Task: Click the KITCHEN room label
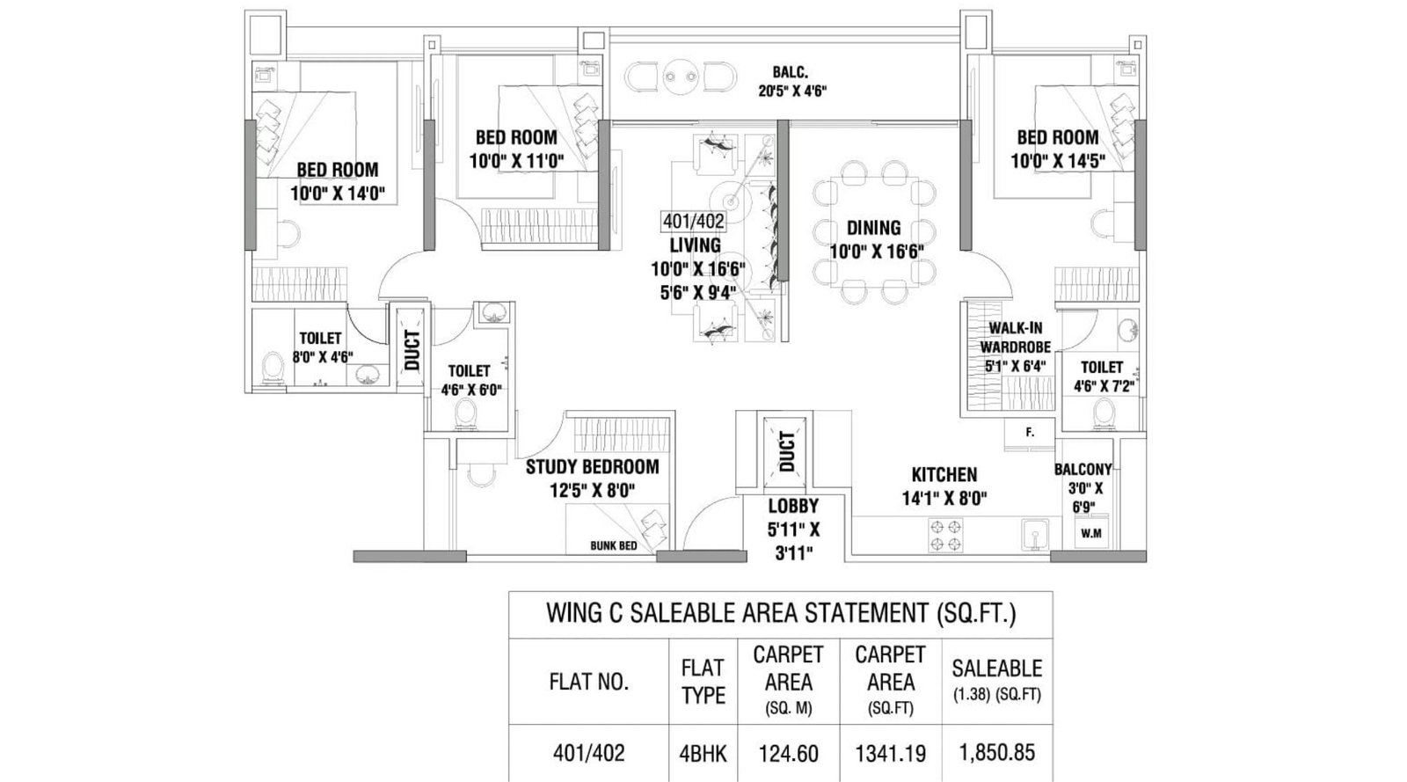point(944,474)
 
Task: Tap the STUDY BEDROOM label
point(592,467)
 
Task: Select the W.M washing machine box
point(1090,533)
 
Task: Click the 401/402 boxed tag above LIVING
point(694,223)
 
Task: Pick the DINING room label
point(873,228)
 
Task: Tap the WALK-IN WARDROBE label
point(1015,337)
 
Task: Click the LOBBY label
point(793,507)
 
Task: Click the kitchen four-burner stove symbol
point(945,535)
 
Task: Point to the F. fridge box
point(1029,432)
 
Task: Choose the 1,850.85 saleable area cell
point(996,754)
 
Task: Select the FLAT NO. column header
point(588,683)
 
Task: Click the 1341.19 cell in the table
point(890,754)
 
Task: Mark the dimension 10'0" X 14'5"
point(1057,160)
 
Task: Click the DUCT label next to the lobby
point(786,450)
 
